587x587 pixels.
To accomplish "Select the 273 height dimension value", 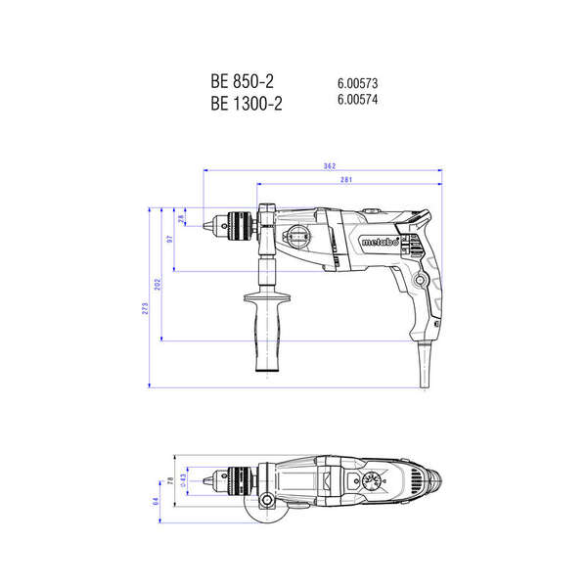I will tap(145, 308).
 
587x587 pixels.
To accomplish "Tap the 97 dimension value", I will tap(169, 238).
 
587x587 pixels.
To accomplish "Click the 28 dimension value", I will tap(181, 220).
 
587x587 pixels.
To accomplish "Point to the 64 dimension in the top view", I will tap(155, 501).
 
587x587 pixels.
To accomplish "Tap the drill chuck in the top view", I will tap(232, 479).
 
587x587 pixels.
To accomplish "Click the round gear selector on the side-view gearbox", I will tap(297, 238).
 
